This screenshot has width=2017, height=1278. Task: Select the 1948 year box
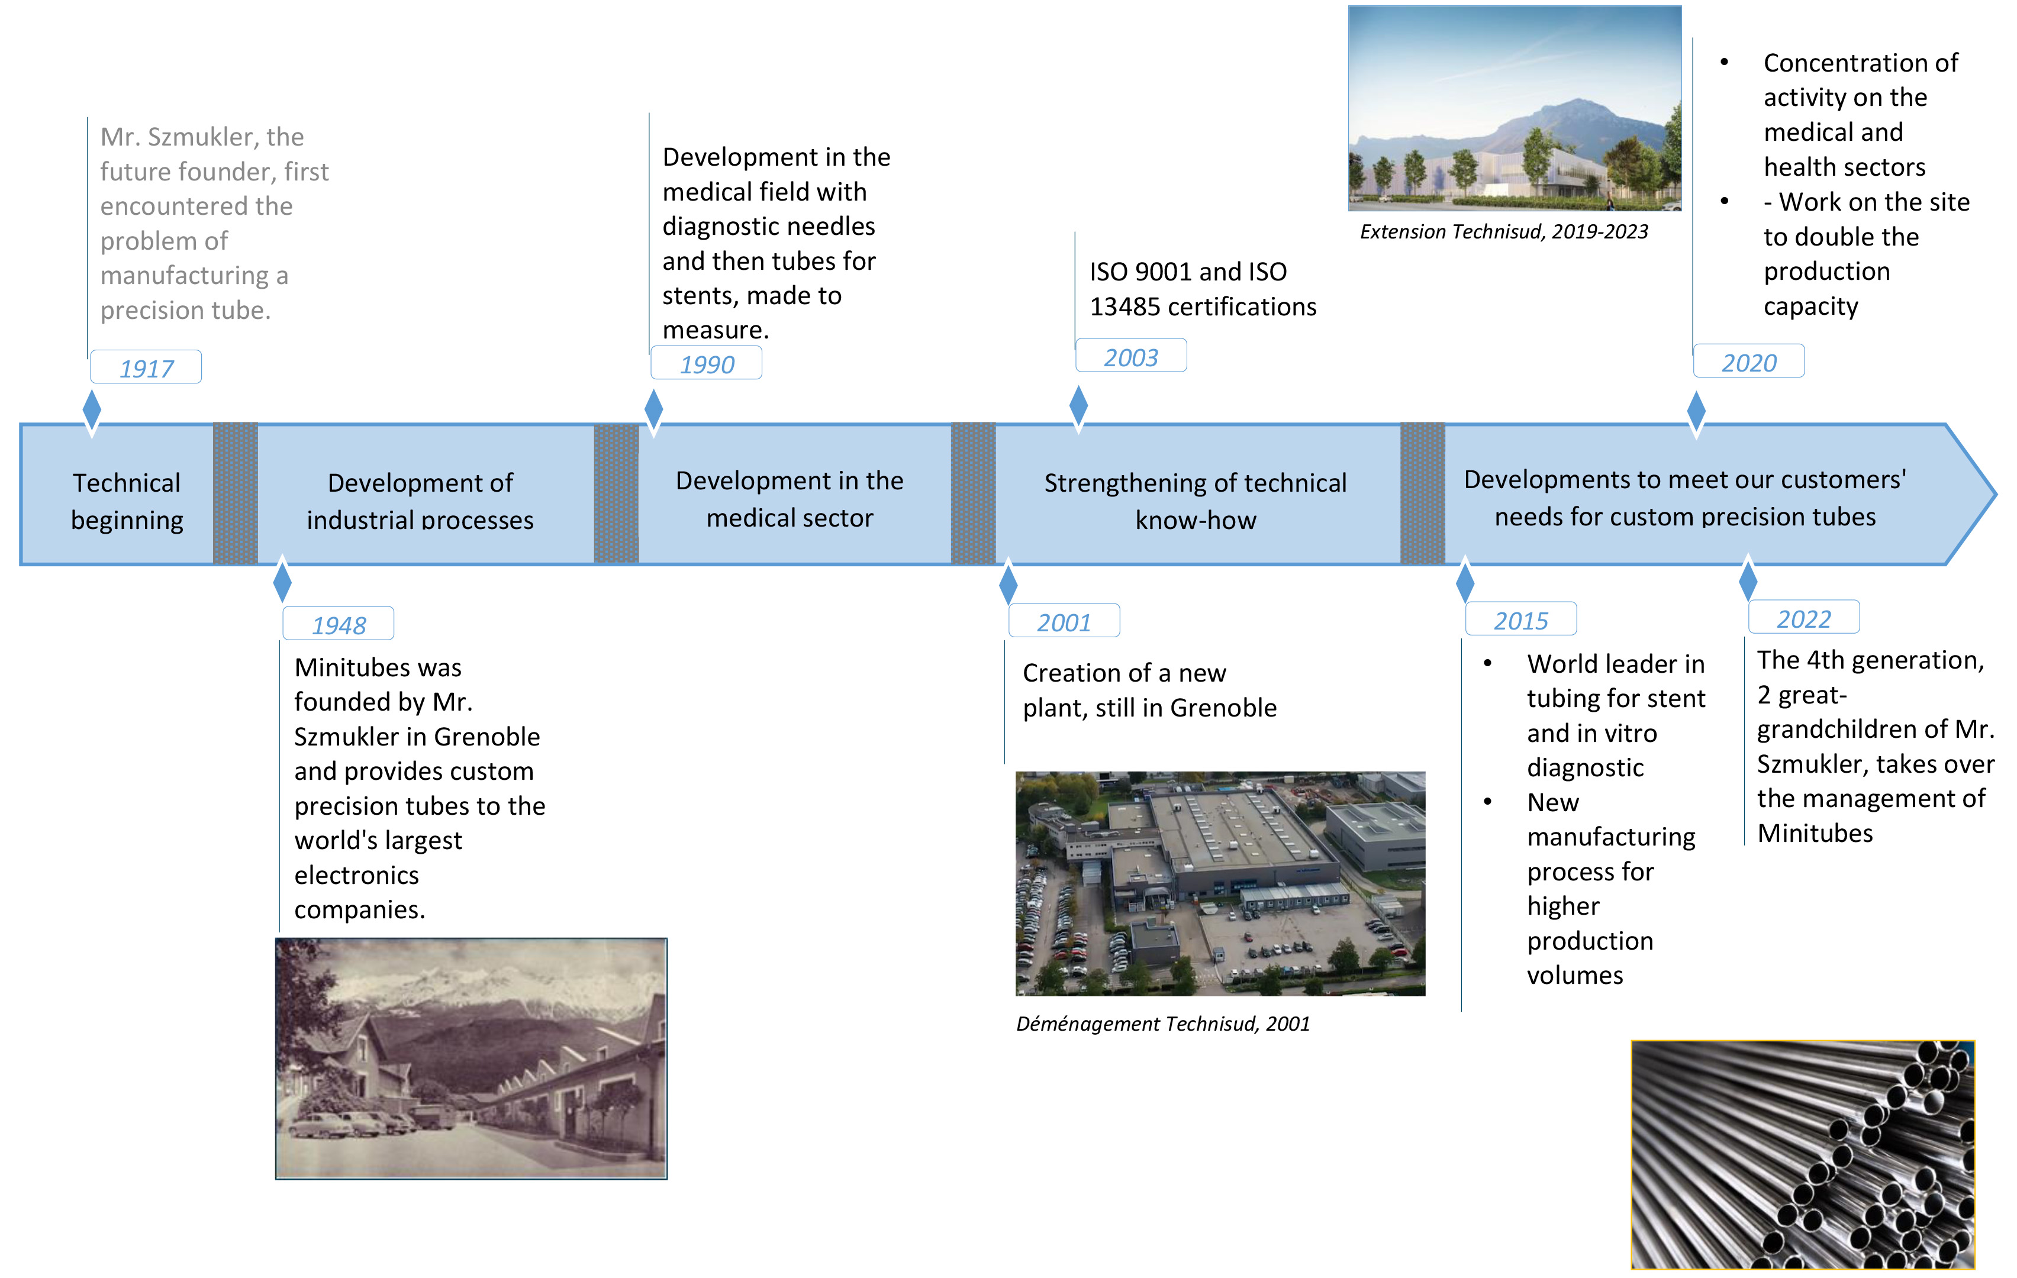coord(339,624)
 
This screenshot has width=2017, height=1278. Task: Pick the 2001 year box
coord(1064,621)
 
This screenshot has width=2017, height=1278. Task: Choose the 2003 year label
coord(1131,356)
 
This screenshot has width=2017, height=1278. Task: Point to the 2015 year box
coord(1521,619)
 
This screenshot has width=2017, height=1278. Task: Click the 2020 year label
coord(1749,361)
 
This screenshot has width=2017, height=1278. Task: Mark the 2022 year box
coord(1805,618)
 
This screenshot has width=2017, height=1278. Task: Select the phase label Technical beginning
coord(127,501)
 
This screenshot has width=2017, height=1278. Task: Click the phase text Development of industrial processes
coord(420,501)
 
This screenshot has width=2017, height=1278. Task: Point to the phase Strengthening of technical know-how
coord(1196,501)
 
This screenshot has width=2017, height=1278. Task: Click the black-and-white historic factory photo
coord(472,1058)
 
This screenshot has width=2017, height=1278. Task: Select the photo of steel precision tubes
coord(1803,1155)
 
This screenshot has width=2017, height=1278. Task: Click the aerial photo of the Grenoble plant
coord(1220,883)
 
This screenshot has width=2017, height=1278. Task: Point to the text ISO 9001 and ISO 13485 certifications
coord(1203,289)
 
